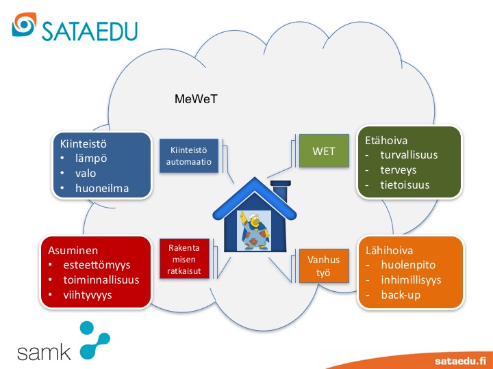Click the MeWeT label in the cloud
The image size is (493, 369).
[196, 100]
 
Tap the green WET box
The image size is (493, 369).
[323, 151]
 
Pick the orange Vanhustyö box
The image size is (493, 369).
[318, 266]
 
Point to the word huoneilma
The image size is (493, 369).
[103, 188]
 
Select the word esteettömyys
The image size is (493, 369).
[96, 264]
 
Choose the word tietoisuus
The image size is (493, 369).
[405, 185]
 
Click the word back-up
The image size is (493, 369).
[401, 295]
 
